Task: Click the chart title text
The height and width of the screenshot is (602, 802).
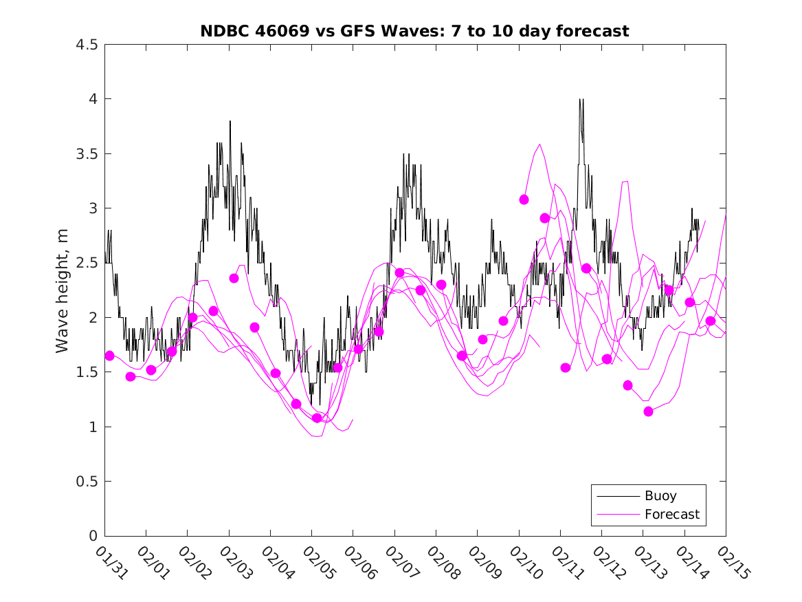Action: point(414,32)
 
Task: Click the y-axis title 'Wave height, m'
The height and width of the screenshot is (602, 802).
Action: point(63,290)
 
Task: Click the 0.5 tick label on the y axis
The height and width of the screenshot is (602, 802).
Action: point(87,482)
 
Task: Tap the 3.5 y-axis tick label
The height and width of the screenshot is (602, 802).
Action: point(87,153)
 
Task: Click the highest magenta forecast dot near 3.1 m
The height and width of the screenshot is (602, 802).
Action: point(524,200)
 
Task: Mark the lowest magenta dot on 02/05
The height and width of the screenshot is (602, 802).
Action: point(317,418)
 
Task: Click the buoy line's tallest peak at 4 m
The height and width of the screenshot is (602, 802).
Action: point(581,100)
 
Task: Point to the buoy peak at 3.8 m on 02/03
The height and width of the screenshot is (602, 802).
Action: point(230,122)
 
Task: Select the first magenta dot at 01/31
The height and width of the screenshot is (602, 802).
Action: point(109,356)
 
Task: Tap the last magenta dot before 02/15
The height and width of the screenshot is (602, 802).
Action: point(711,321)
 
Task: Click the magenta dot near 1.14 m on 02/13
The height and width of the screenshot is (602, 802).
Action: point(648,411)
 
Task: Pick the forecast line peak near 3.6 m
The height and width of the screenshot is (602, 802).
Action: point(540,144)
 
